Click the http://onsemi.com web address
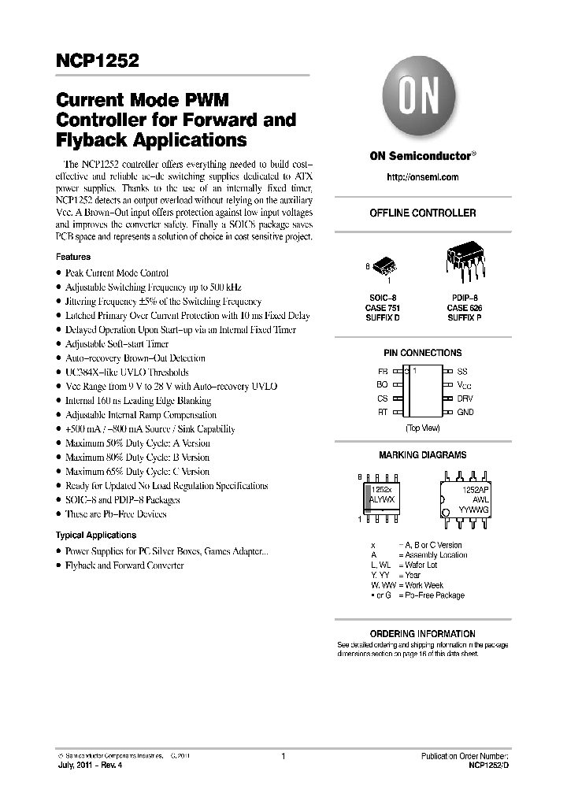click(x=423, y=177)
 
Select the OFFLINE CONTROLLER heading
click(x=423, y=213)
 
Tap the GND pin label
click(x=465, y=412)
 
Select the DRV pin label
click(x=465, y=398)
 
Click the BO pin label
click(x=382, y=384)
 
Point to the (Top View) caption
click(x=423, y=428)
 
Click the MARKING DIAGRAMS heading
click(x=423, y=454)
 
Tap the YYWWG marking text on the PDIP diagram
click(x=473, y=510)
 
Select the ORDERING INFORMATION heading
click(x=423, y=633)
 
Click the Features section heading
click(x=73, y=257)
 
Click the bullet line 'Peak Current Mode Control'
click(x=117, y=272)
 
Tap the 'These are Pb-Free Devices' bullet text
click(x=116, y=513)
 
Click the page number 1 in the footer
click(x=283, y=756)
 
